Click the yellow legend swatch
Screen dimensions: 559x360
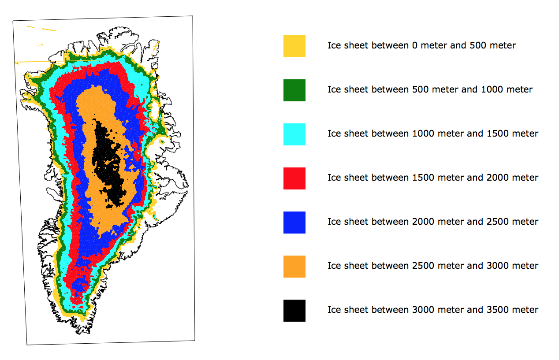click(294, 46)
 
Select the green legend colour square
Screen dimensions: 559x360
click(294, 90)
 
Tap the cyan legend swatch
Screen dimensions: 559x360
click(294, 134)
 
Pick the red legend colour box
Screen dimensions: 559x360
click(294, 178)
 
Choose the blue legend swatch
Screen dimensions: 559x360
click(294, 222)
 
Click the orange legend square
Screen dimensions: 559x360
click(294, 267)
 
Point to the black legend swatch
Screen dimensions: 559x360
click(294, 311)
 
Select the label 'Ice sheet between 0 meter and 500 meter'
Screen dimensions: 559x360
click(421, 45)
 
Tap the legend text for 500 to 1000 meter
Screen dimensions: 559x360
click(430, 89)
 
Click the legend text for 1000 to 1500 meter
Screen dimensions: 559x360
click(433, 134)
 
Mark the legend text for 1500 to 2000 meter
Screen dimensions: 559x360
click(433, 178)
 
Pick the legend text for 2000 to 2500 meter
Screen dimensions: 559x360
click(433, 222)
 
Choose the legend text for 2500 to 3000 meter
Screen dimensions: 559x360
click(433, 266)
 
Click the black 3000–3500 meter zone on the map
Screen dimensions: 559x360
click(107, 160)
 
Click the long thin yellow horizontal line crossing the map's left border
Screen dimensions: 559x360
click(59, 61)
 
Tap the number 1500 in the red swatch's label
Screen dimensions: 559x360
click(422, 178)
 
